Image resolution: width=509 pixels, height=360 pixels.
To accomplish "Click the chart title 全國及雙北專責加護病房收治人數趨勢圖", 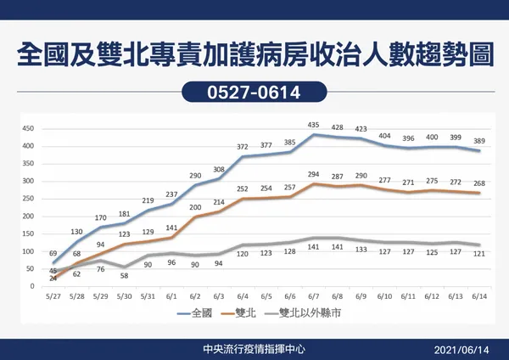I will [x=255, y=53].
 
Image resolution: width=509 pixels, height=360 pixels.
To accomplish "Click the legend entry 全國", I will [x=198, y=313].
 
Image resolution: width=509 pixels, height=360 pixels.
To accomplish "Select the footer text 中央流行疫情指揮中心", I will [x=255, y=347].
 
